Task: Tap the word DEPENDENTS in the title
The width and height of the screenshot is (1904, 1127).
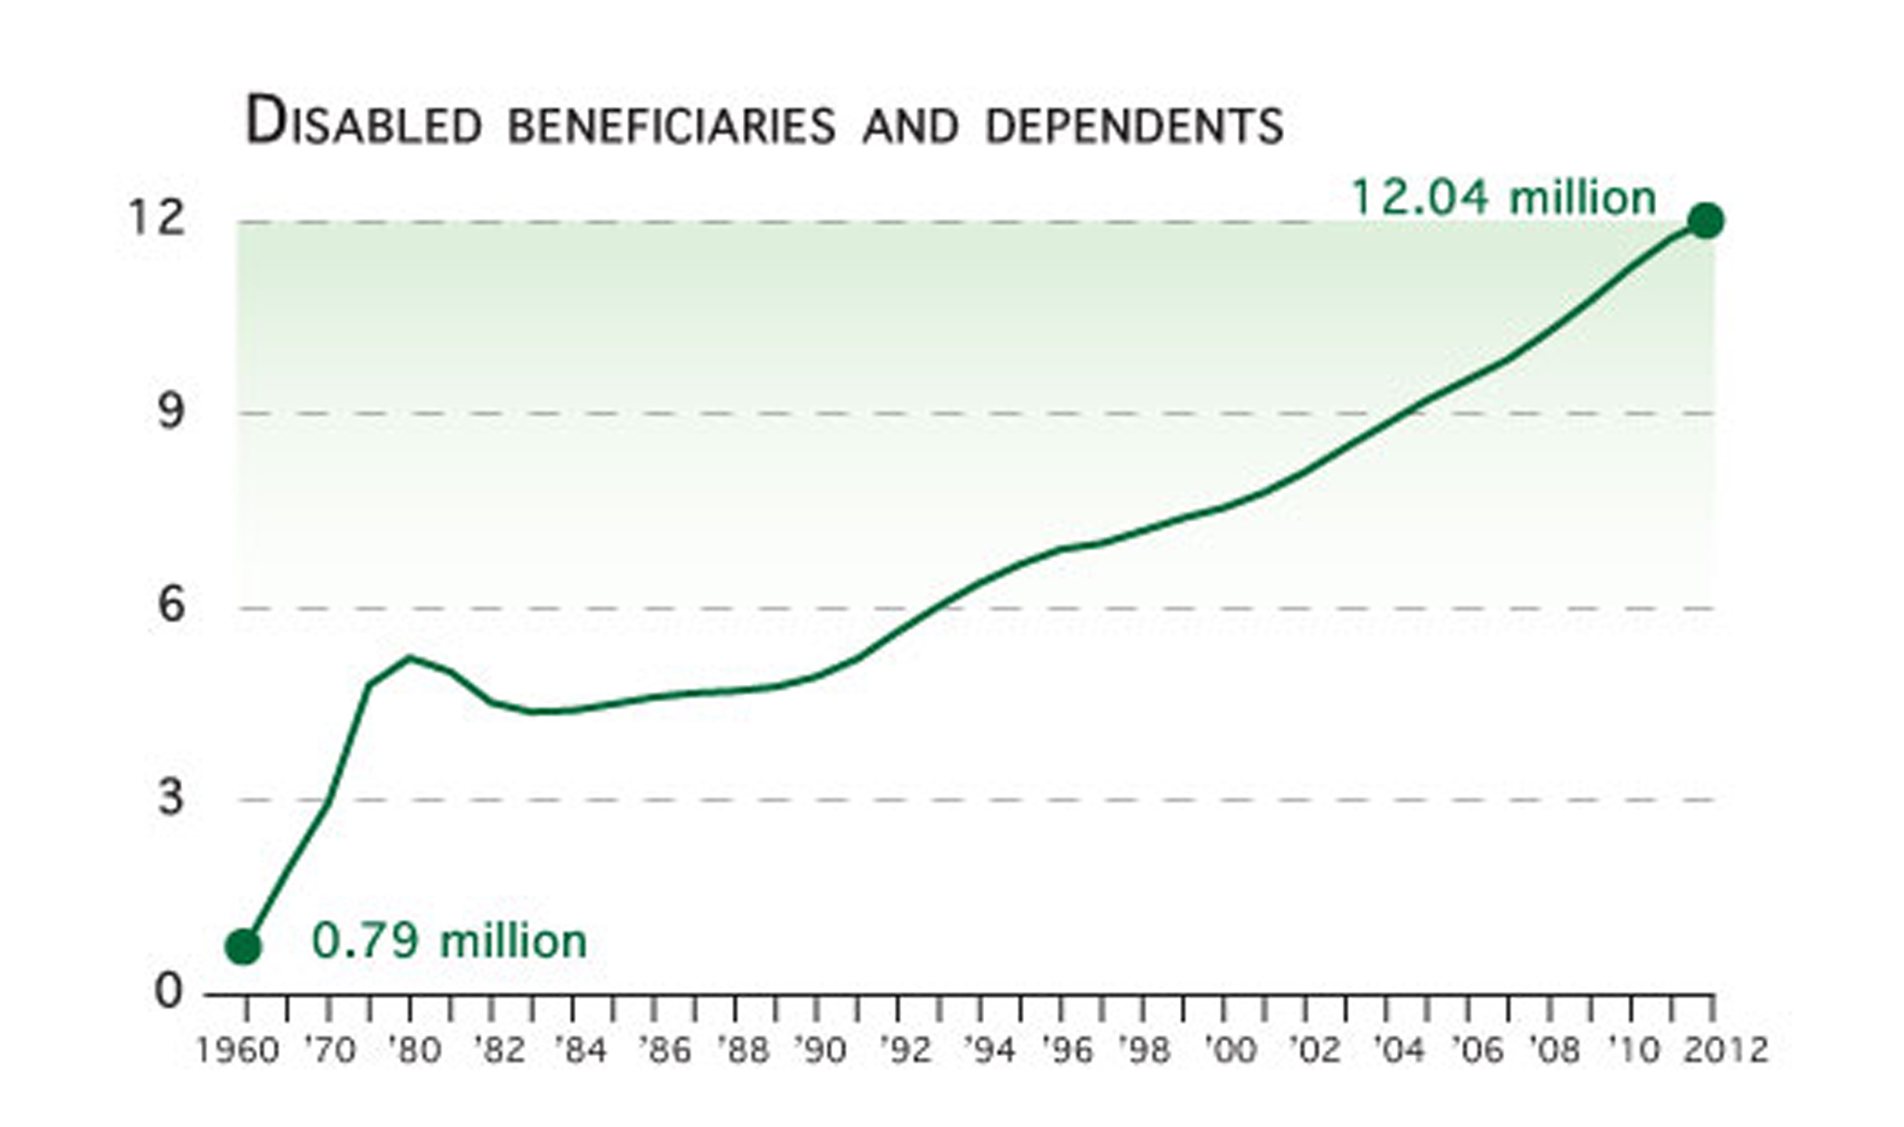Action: tap(1134, 127)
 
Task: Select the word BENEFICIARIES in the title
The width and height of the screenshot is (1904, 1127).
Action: tap(671, 127)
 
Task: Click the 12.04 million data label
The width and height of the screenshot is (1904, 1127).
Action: tap(1503, 198)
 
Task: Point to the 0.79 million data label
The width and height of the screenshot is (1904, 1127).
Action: tap(449, 941)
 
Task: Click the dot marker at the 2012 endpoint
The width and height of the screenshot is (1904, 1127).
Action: tap(1705, 221)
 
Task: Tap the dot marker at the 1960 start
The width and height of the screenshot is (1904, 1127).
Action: tap(244, 948)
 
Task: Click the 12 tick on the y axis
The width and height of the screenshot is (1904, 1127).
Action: tap(157, 218)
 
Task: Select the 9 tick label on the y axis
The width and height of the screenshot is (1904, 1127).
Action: tap(171, 410)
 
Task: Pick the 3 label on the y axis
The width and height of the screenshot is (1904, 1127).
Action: tap(171, 797)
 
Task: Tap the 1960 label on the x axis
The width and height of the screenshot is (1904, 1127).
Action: tap(238, 1051)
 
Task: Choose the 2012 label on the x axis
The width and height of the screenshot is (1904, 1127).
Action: tap(1725, 1051)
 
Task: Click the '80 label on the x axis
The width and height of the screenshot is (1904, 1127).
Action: tap(414, 1051)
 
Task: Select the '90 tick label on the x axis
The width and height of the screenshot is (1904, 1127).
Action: tap(819, 1051)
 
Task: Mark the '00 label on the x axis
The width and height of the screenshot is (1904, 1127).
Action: tap(1229, 1051)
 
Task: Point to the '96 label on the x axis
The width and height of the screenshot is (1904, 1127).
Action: tap(1066, 1051)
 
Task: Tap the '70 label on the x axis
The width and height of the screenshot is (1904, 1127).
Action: tap(329, 1051)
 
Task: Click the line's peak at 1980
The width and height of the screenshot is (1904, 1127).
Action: tap(410, 658)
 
